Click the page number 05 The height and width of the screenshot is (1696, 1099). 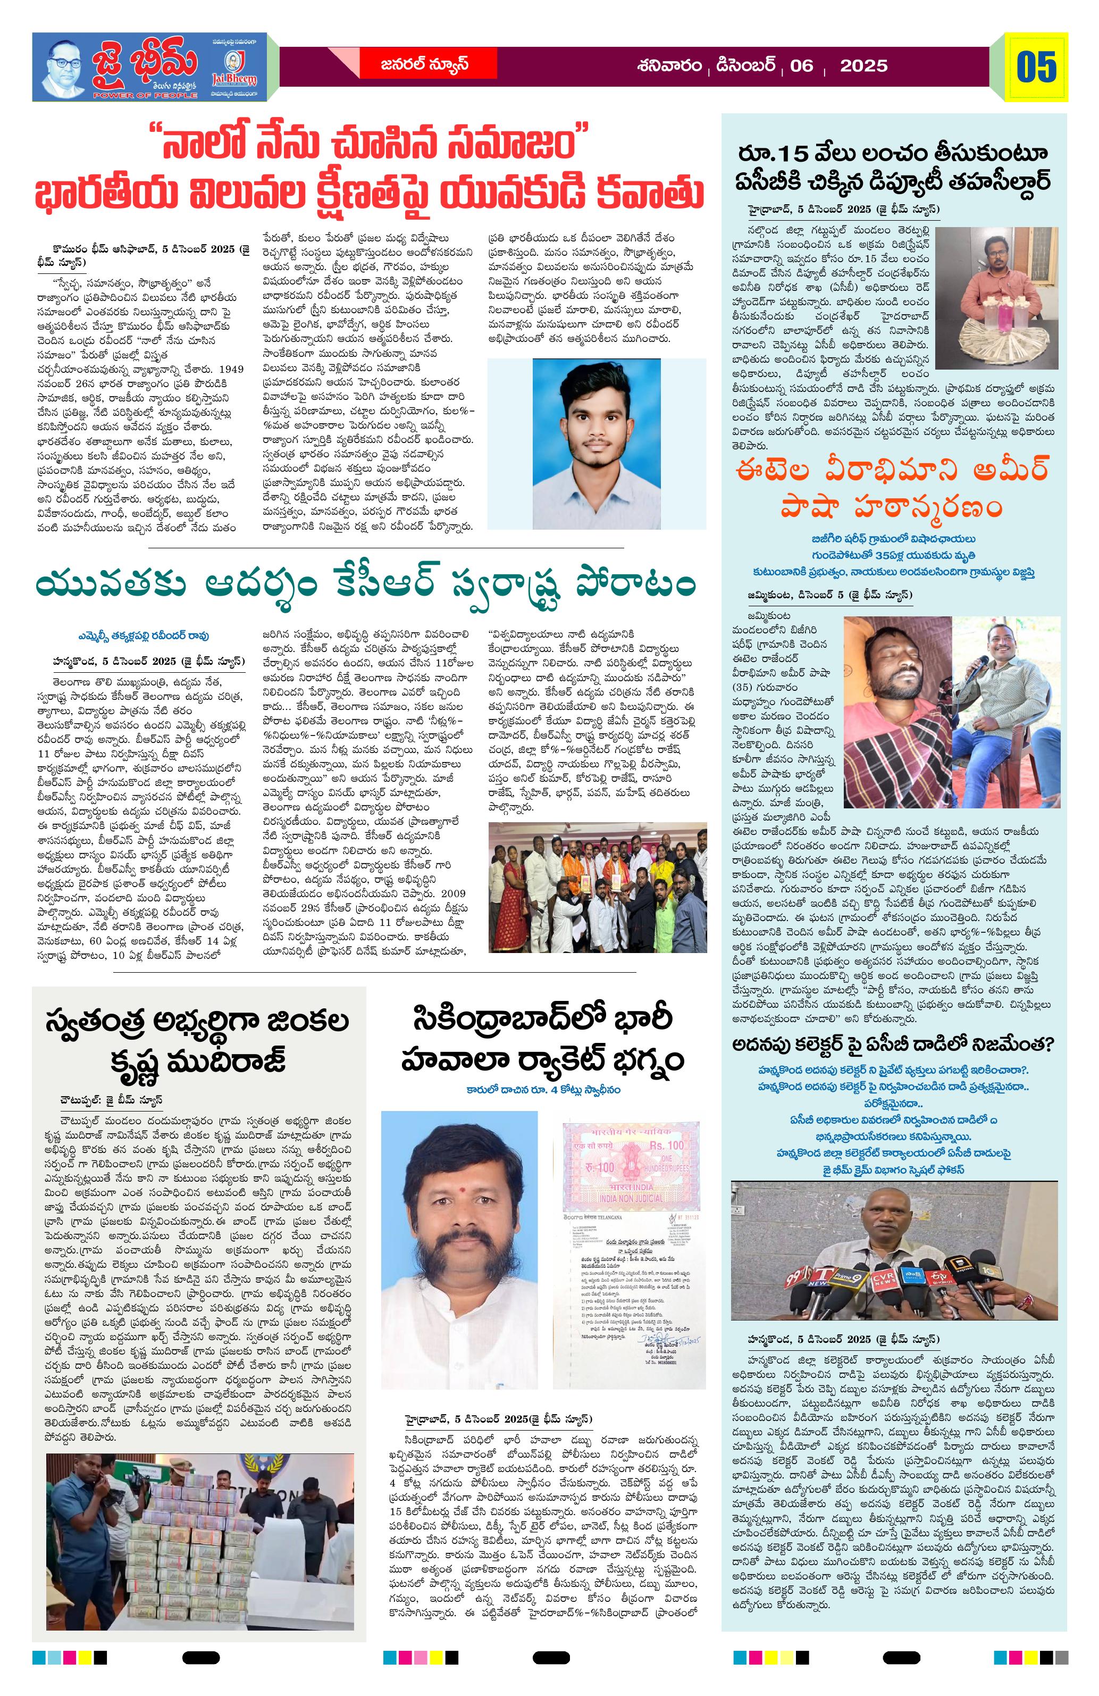click(1036, 68)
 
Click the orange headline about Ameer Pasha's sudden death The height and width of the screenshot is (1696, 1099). click(894, 488)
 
